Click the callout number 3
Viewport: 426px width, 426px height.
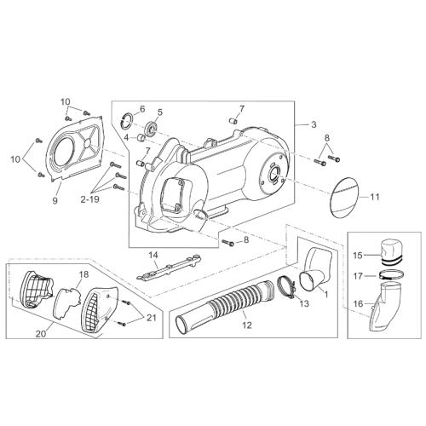pyautogui.click(x=314, y=124)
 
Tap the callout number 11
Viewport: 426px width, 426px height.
pyautogui.click(x=375, y=197)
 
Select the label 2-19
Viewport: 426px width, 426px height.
pyautogui.click(x=89, y=199)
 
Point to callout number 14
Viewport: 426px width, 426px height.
pyautogui.click(x=153, y=256)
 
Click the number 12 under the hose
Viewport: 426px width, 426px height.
pyautogui.click(x=247, y=325)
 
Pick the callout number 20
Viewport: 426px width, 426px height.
pyautogui.click(x=41, y=334)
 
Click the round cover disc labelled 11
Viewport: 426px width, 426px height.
pyautogui.click(x=346, y=198)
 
